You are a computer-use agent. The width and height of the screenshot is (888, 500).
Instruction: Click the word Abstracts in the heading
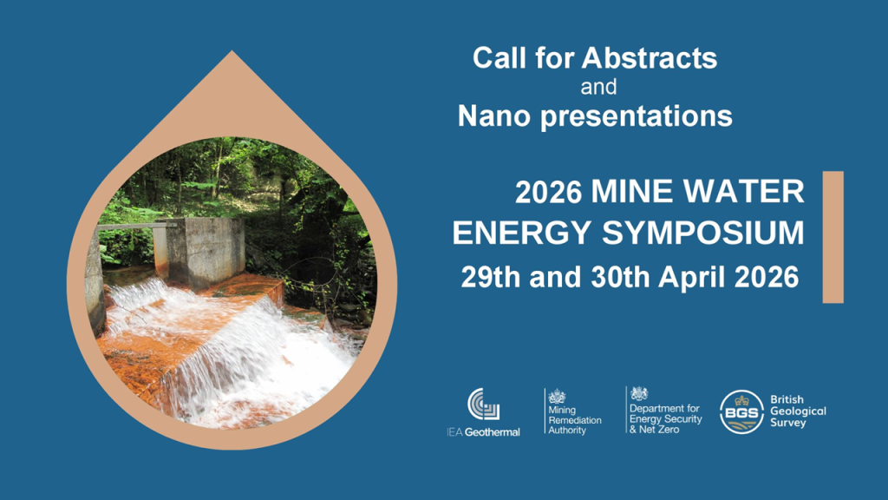pos(649,58)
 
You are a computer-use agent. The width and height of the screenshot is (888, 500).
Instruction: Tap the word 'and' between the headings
pos(598,88)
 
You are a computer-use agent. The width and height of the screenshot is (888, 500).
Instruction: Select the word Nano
pos(493,115)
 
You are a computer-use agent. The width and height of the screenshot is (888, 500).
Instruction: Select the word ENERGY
pos(521,233)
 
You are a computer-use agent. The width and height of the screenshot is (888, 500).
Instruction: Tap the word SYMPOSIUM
pos(702,233)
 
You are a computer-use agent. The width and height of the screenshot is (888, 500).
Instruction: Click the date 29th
pos(491,277)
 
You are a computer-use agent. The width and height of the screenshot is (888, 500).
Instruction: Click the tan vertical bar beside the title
pos(833,237)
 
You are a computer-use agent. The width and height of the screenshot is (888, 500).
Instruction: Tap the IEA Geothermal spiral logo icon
pos(484,405)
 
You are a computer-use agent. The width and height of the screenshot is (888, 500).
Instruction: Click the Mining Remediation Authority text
pos(574,420)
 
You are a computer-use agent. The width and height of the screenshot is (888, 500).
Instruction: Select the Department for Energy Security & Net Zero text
pos(665,418)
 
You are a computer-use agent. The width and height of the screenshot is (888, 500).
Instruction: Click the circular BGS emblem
pos(741,412)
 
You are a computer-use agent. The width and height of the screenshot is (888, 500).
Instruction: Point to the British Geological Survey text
pos(798,411)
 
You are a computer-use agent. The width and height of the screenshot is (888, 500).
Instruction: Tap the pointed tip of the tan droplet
pos(232,51)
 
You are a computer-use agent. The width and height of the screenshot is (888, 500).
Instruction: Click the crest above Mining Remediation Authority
pos(557,396)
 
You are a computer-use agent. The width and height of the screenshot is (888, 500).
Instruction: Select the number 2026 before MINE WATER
pos(548,192)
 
